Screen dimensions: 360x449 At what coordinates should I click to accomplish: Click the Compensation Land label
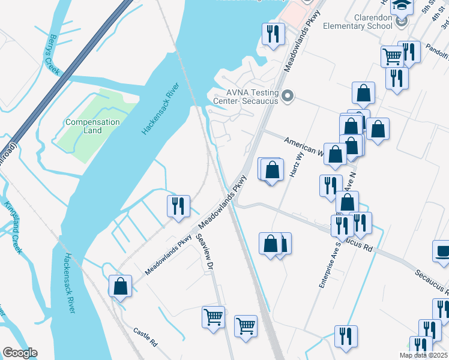point(92,126)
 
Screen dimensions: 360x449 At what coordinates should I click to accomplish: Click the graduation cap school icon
point(401,6)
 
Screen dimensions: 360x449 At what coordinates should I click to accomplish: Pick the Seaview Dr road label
point(205,251)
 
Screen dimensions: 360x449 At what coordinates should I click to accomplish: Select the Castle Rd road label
point(145,338)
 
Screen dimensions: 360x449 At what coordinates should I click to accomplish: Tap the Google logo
point(20,353)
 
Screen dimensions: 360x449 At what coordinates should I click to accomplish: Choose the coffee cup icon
point(442,252)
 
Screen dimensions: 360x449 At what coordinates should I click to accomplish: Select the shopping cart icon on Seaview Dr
point(213,317)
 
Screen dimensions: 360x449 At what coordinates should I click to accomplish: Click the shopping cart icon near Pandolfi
point(392,57)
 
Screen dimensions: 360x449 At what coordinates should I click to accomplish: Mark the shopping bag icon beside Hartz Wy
point(273,170)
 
